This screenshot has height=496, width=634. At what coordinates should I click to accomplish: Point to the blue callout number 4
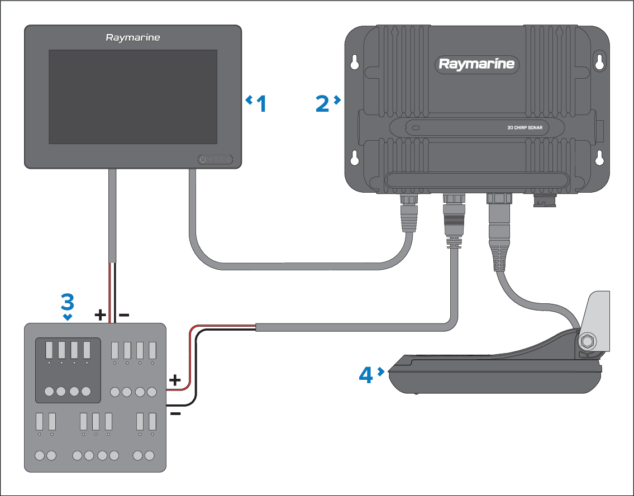click(366, 374)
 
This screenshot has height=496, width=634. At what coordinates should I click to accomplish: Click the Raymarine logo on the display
click(133, 38)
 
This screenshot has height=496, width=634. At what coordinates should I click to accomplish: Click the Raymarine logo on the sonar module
click(476, 64)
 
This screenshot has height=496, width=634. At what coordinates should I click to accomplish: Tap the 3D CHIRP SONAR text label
click(521, 128)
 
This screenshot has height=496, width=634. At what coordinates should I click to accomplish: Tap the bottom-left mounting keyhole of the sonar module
click(354, 158)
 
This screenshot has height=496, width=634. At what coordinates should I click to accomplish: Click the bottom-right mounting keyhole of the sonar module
click(599, 158)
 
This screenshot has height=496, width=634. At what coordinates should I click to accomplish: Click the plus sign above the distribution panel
click(101, 316)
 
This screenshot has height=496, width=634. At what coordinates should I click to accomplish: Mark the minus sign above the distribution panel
click(125, 316)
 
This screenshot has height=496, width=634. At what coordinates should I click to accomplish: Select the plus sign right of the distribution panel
click(175, 381)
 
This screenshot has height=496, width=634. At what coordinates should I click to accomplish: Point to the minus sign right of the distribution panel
click(175, 414)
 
